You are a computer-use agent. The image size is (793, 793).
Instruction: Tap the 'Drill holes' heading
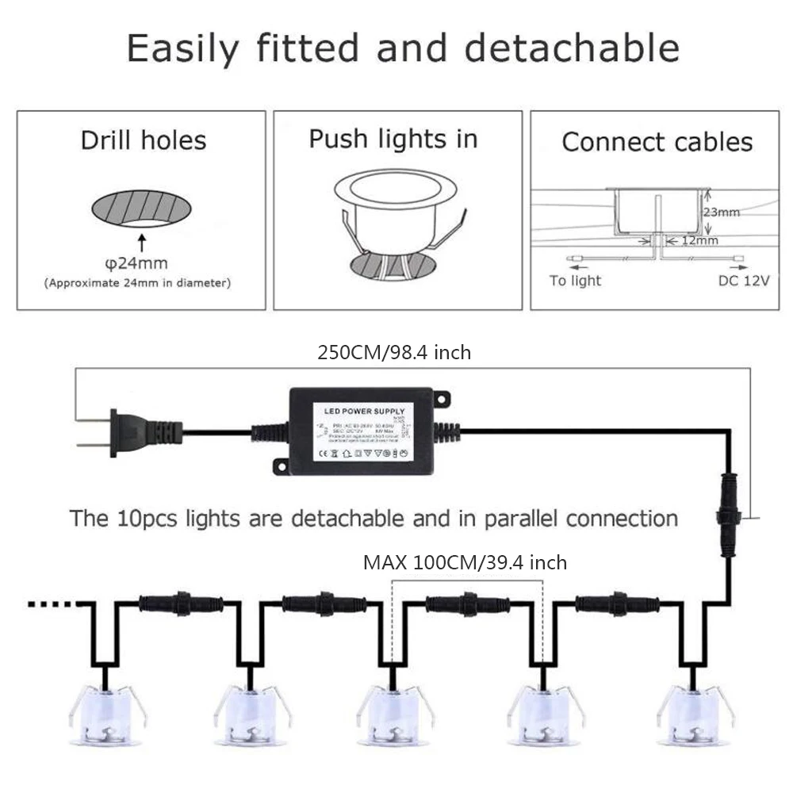(x=144, y=141)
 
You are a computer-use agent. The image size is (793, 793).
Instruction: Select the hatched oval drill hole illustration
(x=144, y=208)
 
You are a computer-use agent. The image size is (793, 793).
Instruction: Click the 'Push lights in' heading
(x=393, y=140)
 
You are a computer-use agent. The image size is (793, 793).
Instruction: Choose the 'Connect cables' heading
(x=657, y=142)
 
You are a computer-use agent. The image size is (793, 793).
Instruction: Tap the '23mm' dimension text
(x=721, y=212)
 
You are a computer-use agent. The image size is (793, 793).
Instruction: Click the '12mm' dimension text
(x=700, y=239)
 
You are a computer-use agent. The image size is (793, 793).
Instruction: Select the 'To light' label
(x=576, y=281)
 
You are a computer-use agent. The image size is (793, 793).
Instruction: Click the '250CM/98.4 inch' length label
(x=394, y=352)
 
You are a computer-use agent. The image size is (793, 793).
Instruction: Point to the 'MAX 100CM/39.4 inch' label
(x=465, y=563)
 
